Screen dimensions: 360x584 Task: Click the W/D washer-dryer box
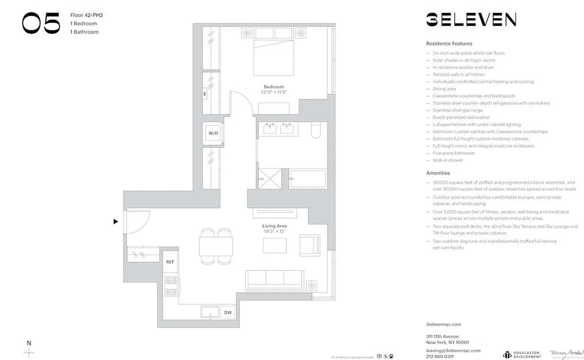click(213, 134)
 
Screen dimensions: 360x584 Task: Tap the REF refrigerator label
click(170, 261)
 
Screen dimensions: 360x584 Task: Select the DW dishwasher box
click(228, 312)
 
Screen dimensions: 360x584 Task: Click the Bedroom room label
click(274, 87)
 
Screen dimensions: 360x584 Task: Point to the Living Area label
click(275, 226)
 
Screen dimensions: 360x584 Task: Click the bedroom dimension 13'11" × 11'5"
click(274, 92)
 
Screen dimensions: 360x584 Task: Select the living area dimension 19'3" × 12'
click(275, 231)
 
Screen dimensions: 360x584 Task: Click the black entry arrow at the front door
click(116, 221)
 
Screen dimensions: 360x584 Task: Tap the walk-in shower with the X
click(269, 179)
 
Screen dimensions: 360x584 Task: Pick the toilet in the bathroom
click(315, 130)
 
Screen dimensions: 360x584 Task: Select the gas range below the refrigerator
click(171, 286)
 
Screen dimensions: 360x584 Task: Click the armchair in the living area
click(310, 245)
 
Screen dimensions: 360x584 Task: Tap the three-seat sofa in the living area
click(274, 280)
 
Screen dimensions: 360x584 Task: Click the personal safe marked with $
click(205, 94)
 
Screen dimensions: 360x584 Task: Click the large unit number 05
click(41, 23)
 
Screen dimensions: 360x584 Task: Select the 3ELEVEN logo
click(471, 20)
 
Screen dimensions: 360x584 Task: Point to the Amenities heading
click(438, 173)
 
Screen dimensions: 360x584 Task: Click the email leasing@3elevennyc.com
click(453, 351)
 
